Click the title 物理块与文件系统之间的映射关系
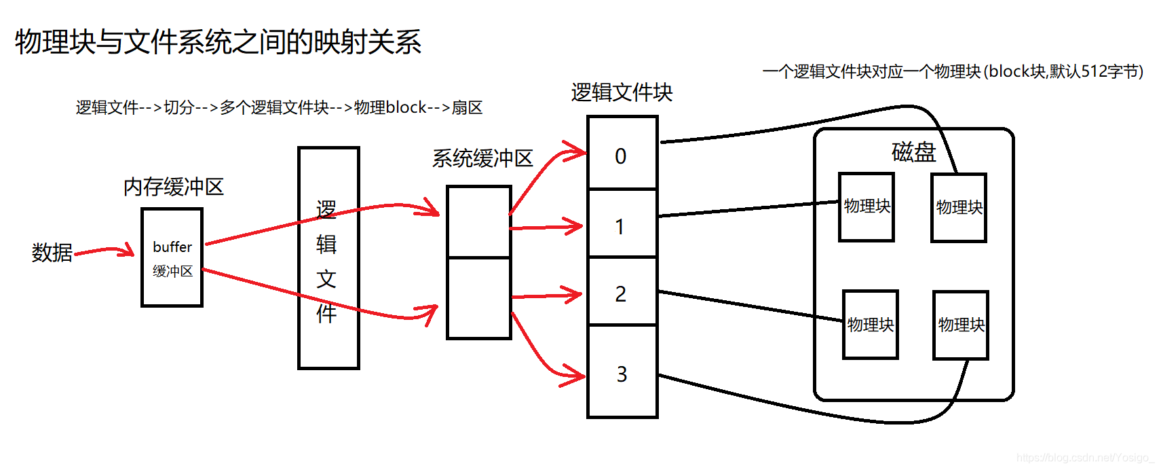pyautogui.click(x=218, y=42)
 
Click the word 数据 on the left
pyautogui.click(x=52, y=253)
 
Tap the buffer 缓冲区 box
pyautogui.click(x=172, y=257)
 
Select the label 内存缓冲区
pyautogui.click(x=174, y=187)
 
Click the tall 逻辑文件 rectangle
pyautogui.click(x=328, y=258)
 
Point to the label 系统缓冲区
pyautogui.click(x=482, y=158)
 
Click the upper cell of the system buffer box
pyautogui.click(x=478, y=222)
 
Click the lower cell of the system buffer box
pyautogui.click(x=478, y=297)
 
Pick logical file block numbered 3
pyautogui.click(x=622, y=372)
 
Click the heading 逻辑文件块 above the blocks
pyautogui.click(x=622, y=92)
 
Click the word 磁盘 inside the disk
pyautogui.click(x=913, y=151)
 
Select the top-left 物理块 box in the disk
pyautogui.click(x=866, y=206)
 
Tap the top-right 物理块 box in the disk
pyautogui.click(x=958, y=207)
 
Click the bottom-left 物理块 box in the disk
pyautogui.click(x=870, y=325)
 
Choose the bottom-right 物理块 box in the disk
pyautogui.click(x=960, y=325)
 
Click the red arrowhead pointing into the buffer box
pyautogui.click(x=128, y=251)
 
